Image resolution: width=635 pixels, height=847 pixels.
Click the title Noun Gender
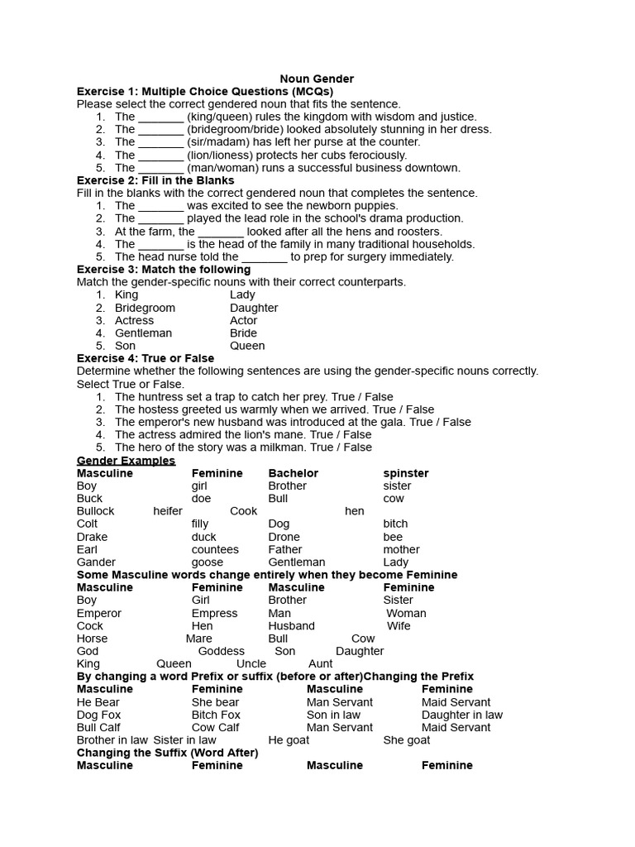pyautogui.click(x=317, y=79)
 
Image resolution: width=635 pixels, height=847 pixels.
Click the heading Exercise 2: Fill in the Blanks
pyautogui.click(x=155, y=179)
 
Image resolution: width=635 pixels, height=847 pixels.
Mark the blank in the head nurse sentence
pyautogui.click(x=265, y=256)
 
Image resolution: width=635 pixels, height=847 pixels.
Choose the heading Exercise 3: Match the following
pyautogui.click(x=164, y=269)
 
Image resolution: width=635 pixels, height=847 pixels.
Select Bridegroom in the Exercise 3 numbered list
pyautogui.click(x=145, y=308)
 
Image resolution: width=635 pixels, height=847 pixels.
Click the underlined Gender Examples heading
pyautogui.click(x=126, y=460)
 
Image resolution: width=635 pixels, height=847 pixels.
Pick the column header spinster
pyautogui.click(x=406, y=473)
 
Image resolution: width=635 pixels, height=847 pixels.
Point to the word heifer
pyautogui.click(x=168, y=511)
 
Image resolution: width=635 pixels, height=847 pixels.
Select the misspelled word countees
pyautogui.click(x=215, y=549)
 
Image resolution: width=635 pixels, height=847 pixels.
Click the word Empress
pyautogui.click(x=214, y=613)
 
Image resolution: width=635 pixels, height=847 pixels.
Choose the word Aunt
pyautogui.click(x=320, y=663)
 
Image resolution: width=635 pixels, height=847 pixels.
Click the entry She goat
pyautogui.click(x=407, y=739)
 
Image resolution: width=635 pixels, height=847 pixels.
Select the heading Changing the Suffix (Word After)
pyautogui.click(x=168, y=753)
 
